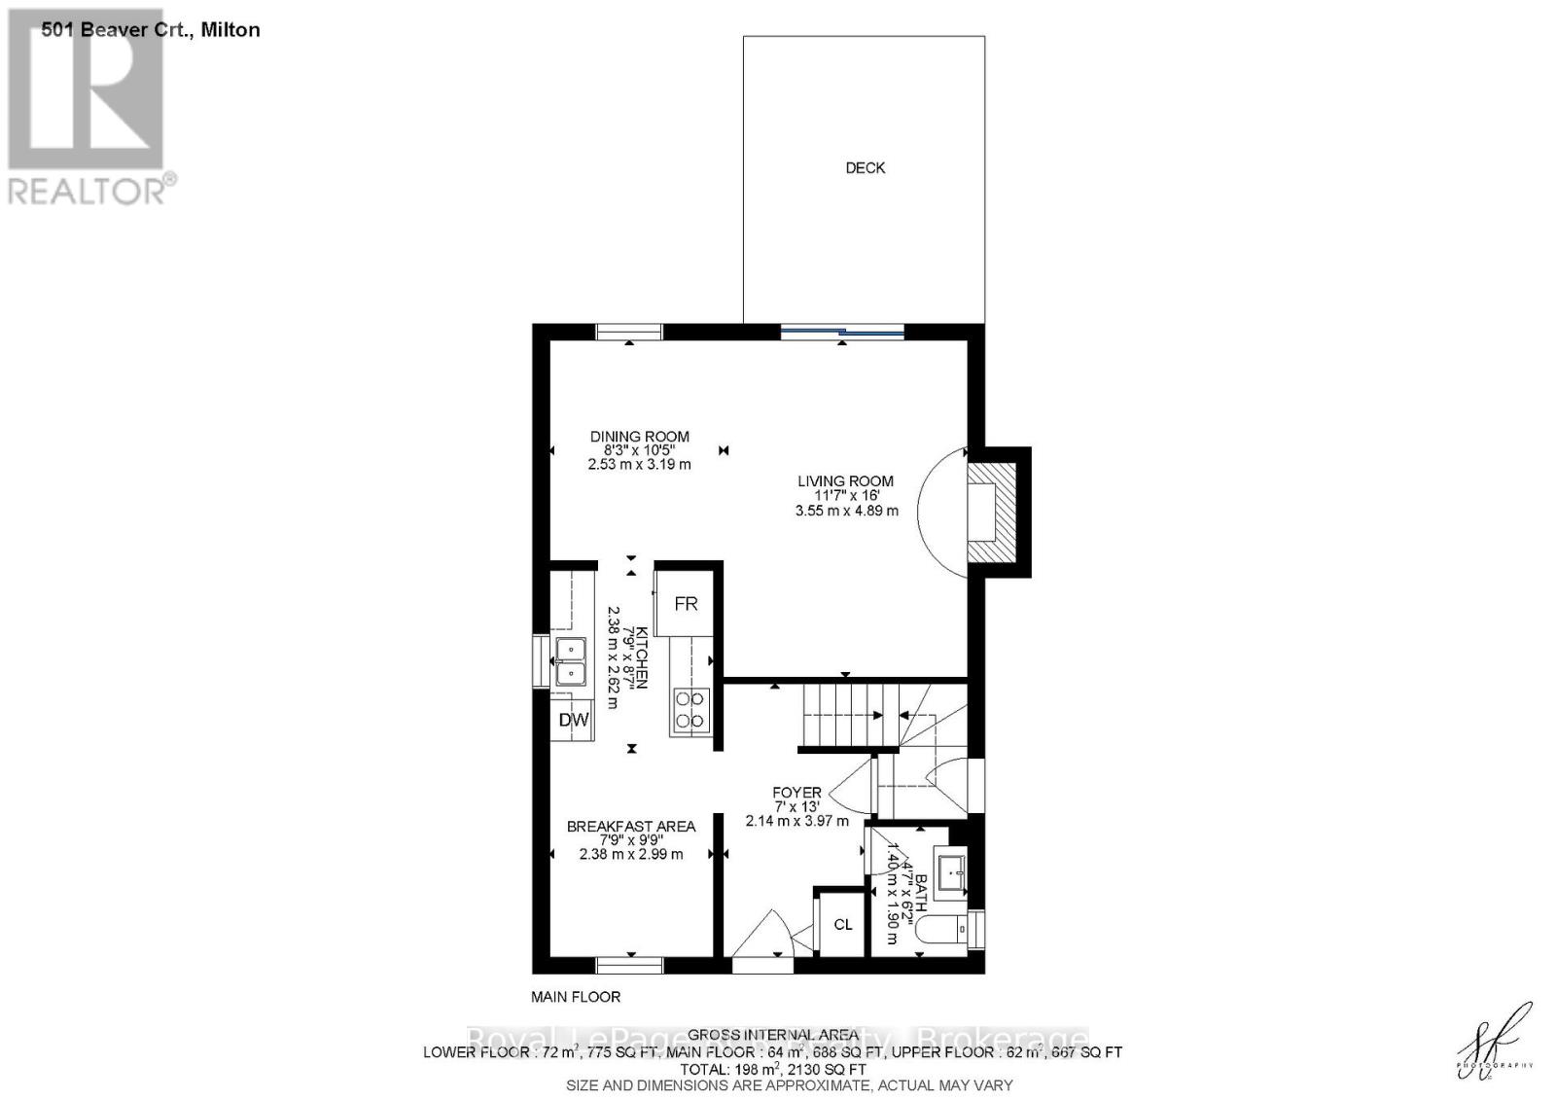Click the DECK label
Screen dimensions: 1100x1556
[x=865, y=168]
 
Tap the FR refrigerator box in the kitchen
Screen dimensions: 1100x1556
[x=686, y=604]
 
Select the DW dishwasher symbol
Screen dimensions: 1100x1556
[x=574, y=720]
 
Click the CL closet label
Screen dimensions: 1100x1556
[x=843, y=924]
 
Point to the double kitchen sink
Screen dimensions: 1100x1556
[x=570, y=661]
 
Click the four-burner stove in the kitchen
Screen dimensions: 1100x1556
[x=690, y=709]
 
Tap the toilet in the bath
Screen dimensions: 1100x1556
[x=948, y=930]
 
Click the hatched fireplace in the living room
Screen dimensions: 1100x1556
[x=992, y=511]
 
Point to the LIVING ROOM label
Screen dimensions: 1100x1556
[x=845, y=480]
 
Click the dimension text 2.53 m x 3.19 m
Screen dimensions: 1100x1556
[x=639, y=465]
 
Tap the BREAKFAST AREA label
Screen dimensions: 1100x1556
[x=631, y=827]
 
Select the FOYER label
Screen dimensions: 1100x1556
[x=796, y=793]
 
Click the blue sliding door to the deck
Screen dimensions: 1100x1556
[x=842, y=332]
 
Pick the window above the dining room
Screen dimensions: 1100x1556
[x=629, y=332]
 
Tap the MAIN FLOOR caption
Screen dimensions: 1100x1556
[x=576, y=997]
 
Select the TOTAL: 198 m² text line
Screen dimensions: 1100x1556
[x=771, y=1069]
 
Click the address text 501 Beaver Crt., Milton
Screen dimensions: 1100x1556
[x=151, y=30]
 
